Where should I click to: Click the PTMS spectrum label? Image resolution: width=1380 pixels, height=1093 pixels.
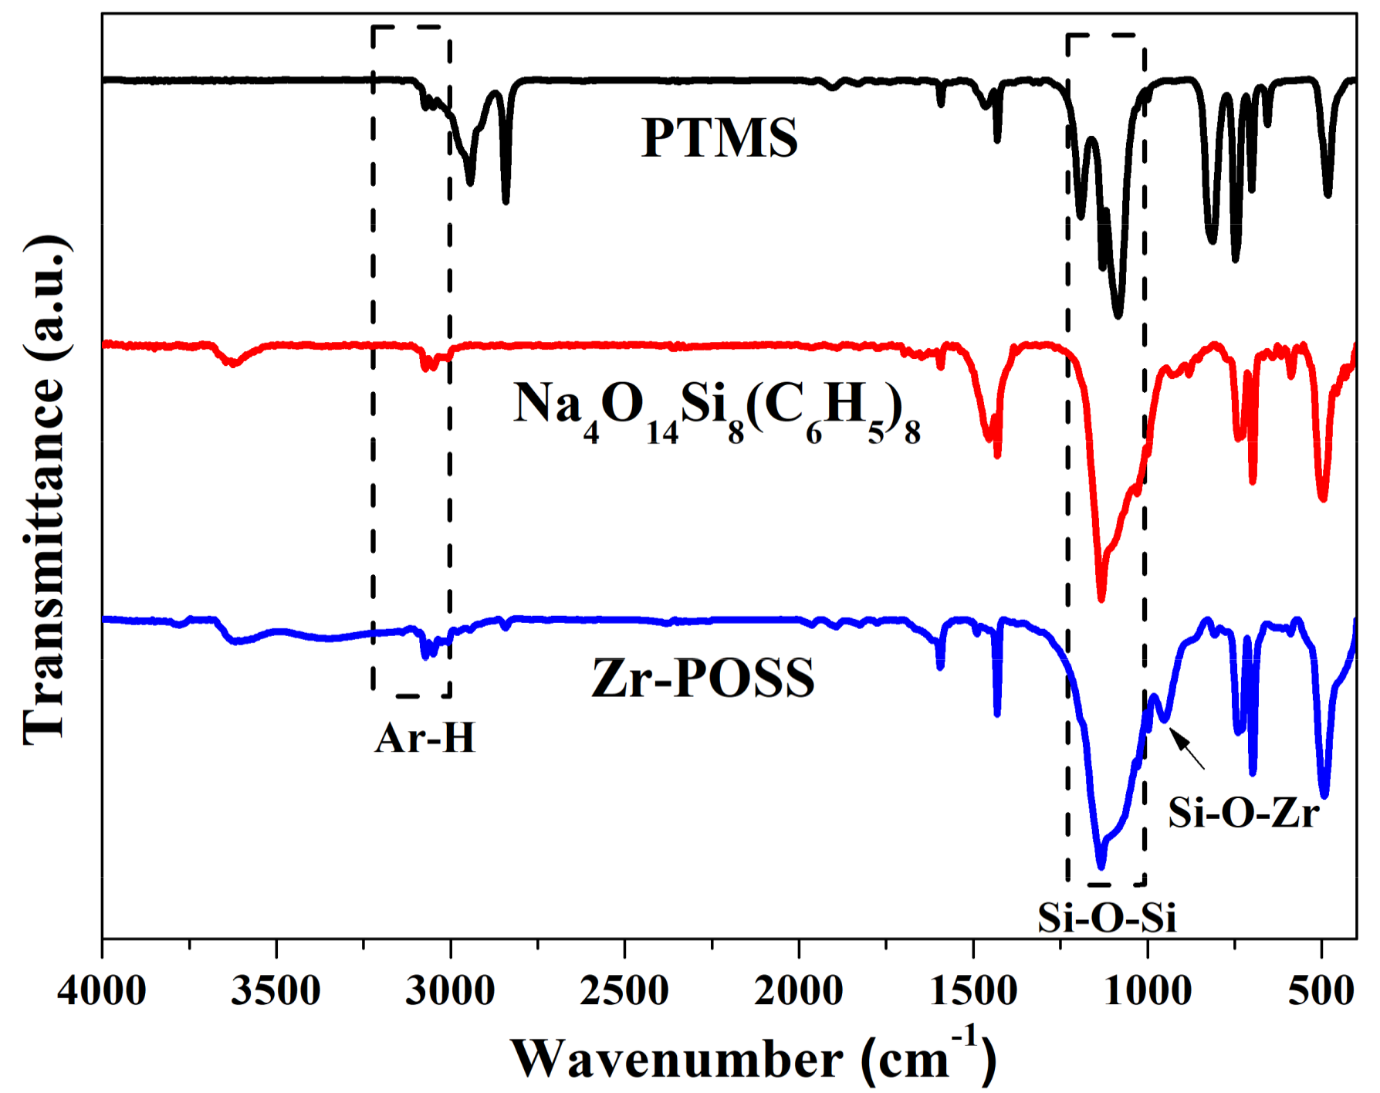[x=719, y=139]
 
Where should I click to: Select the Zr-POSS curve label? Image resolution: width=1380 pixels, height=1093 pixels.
[x=703, y=678]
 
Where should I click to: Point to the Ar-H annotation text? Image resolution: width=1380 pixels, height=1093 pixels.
[x=425, y=738]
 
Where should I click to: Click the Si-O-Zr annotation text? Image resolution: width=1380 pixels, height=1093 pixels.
[x=1243, y=812]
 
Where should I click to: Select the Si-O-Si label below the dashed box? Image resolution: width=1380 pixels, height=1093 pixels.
[x=1106, y=918]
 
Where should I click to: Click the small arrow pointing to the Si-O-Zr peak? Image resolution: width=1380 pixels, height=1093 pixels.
[x=1188, y=748]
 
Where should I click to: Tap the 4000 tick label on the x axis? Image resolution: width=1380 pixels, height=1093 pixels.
[x=101, y=990]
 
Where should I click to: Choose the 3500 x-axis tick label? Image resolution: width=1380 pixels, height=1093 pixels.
[x=276, y=990]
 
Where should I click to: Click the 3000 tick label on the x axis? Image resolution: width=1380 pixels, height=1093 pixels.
[x=450, y=990]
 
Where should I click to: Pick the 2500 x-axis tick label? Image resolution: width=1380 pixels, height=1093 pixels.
[x=624, y=990]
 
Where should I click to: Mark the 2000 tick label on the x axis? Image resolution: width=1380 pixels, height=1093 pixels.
[x=799, y=990]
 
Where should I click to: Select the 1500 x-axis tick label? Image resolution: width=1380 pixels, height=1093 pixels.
[x=973, y=990]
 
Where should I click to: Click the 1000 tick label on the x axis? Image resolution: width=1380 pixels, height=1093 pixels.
[x=1148, y=990]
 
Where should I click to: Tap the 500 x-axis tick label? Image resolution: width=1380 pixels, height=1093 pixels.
[x=1321, y=990]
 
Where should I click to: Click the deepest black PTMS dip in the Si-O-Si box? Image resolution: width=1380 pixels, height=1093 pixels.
[x=1118, y=313]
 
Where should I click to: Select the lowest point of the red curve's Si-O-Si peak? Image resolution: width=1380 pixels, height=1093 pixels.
[x=1101, y=597]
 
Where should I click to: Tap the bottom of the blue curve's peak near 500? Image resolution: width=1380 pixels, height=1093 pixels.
[x=1324, y=794]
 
